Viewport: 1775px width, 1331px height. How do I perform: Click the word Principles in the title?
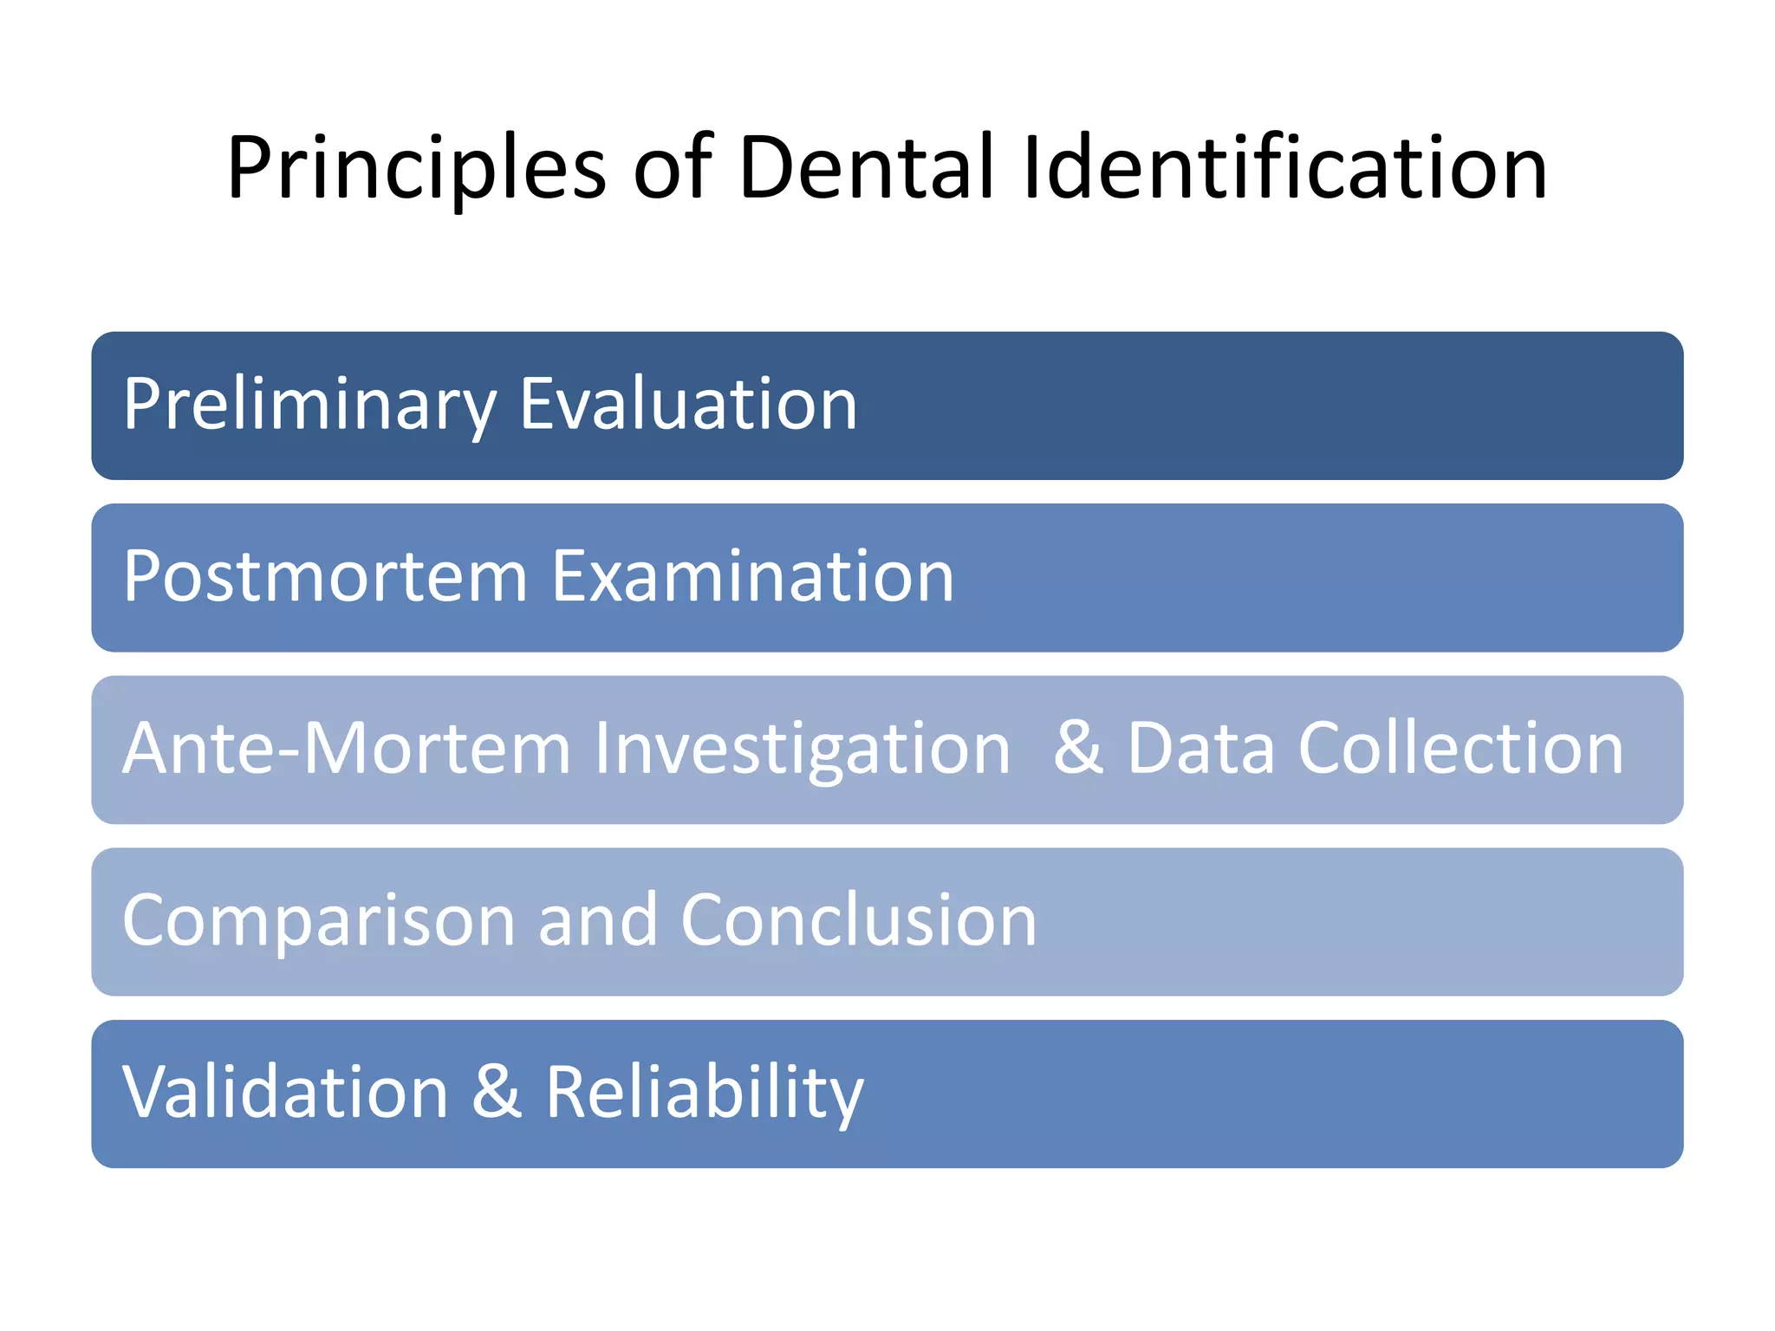click(416, 169)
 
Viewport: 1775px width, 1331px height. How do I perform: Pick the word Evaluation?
click(688, 404)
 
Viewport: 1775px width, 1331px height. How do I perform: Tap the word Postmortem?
click(325, 576)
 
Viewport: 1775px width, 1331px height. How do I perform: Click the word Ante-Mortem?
click(347, 748)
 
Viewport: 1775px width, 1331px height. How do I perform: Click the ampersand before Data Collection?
click(1077, 747)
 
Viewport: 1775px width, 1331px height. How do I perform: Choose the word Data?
click(1200, 748)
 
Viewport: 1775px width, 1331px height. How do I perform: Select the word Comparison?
click(318, 921)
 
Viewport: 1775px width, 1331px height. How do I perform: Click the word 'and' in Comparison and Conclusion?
click(597, 919)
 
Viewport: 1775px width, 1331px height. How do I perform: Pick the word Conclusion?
click(858, 919)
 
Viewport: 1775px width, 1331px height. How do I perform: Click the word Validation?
click(285, 1092)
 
